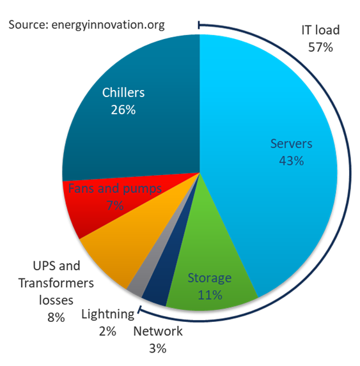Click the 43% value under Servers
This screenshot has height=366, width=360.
(291, 161)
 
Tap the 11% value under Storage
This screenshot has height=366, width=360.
(210, 295)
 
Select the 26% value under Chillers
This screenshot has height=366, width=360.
(123, 109)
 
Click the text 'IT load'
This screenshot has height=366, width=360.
(320, 30)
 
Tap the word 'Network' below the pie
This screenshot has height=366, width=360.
(158, 331)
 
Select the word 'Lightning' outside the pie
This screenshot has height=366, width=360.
(108, 314)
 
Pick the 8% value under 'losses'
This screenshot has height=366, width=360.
(56, 317)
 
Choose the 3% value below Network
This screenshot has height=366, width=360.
(157, 348)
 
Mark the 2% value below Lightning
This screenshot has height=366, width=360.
(107, 331)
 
